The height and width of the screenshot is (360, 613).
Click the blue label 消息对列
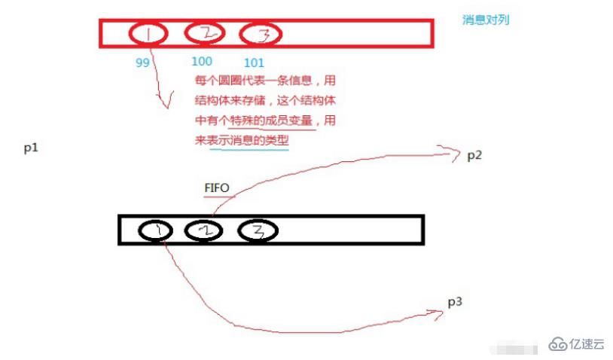pyautogui.click(x=486, y=20)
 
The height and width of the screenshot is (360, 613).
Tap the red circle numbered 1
pyautogui.click(x=130, y=35)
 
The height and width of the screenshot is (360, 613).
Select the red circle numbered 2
pyautogui.click(x=185, y=33)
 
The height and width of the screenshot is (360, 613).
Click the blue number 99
pyautogui.click(x=142, y=63)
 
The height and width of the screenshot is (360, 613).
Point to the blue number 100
pyautogui.click(x=202, y=61)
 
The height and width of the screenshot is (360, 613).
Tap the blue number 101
pyautogui.click(x=254, y=63)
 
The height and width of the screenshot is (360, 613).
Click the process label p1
pyautogui.click(x=31, y=148)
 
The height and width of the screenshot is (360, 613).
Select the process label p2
pyautogui.click(x=474, y=156)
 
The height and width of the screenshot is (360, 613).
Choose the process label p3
pyautogui.click(x=455, y=302)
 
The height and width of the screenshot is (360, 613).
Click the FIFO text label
pyautogui.click(x=217, y=188)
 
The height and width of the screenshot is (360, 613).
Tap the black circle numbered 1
pyautogui.click(x=139, y=230)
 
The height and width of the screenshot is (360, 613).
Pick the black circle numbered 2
pyautogui.click(x=185, y=230)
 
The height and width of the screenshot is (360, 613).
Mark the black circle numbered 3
pyautogui.click(x=239, y=230)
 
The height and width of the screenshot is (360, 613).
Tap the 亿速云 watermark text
pyautogui.click(x=587, y=344)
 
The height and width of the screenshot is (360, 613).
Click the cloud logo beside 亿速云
pyautogui.click(x=558, y=344)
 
